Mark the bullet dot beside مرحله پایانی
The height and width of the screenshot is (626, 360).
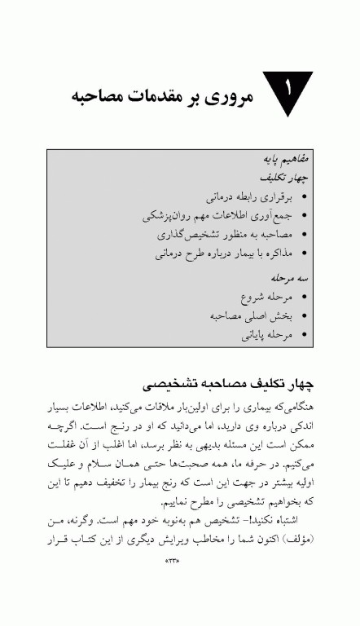coord(304,335)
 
